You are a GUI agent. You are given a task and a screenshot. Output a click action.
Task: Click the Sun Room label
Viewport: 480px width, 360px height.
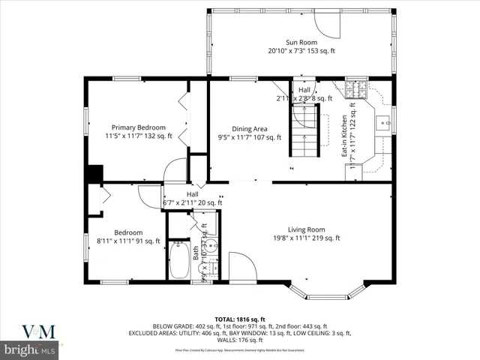pyautogui.click(x=300, y=42)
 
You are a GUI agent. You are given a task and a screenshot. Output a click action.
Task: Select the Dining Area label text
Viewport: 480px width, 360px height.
pyautogui.click(x=250, y=128)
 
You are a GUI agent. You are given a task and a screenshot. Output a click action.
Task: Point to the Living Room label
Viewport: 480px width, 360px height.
pyautogui.click(x=306, y=229)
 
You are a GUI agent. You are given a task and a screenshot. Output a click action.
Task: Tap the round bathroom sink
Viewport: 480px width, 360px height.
pyautogui.click(x=212, y=245)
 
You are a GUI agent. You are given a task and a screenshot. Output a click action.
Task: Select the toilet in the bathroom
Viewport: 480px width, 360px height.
pyautogui.click(x=202, y=223)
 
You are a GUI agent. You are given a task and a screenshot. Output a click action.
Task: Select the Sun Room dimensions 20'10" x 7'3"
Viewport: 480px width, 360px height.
pyautogui.click(x=300, y=51)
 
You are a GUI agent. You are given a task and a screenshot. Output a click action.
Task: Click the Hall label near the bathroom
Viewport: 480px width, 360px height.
pyautogui.click(x=193, y=193)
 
